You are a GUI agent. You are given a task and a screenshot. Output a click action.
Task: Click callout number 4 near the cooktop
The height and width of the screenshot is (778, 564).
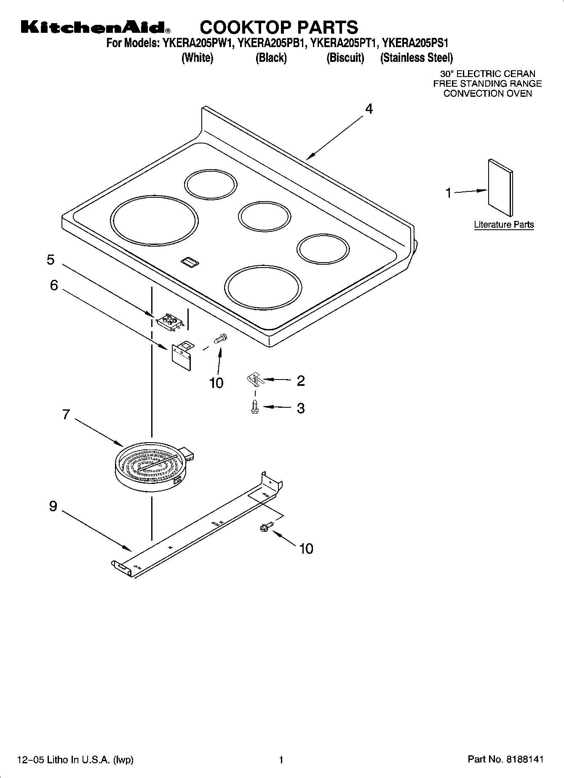tap(369, 109)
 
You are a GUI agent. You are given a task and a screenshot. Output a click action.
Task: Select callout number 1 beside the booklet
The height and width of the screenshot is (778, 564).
tap(449, 193)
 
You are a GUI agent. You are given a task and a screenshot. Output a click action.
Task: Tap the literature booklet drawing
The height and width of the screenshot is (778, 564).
tap(500, 184)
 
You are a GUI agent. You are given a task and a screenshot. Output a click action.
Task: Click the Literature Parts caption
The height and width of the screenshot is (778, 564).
tap(504, 225)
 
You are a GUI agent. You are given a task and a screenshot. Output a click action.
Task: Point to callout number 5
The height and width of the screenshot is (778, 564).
tap(51, 260)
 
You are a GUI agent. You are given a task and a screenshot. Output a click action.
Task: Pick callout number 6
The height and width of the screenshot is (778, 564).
tap(54, 285)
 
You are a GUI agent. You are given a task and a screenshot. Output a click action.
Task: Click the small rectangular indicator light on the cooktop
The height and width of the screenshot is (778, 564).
tap(190, 262)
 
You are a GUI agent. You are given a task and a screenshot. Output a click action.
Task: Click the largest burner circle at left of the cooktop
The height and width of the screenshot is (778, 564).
tap(155, 221)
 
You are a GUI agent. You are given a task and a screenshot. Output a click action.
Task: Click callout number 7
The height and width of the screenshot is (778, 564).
tap(66, 414)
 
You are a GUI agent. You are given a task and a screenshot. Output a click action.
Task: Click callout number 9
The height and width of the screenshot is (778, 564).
tap(53, 506)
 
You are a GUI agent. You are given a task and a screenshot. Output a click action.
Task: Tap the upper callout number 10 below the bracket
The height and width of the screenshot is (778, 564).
tap(216, 383)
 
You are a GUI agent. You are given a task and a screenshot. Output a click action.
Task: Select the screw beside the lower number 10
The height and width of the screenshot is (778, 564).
tap(266, 526)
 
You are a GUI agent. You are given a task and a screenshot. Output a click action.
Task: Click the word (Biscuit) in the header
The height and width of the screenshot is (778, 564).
tap(345, 58)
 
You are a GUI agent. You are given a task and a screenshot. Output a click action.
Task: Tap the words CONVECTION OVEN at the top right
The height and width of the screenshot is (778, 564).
tap(487, 93)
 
